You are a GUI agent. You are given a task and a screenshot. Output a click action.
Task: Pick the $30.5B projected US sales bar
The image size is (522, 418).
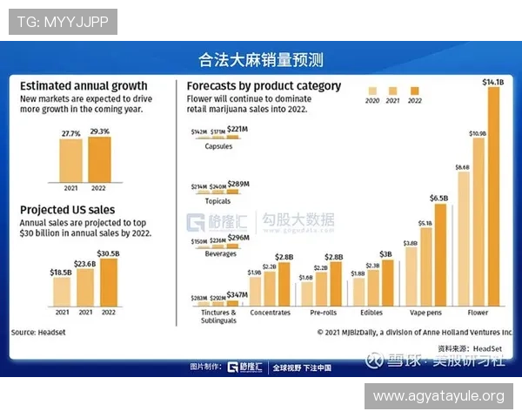pyautogui.click(x=109, y=282)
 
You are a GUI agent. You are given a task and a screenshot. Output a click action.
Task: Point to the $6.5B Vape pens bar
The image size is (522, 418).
pyautogui.click(x=440, y=254)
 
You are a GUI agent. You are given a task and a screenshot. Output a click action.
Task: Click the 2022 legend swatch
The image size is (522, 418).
pyautogui.click(x=414, y=91)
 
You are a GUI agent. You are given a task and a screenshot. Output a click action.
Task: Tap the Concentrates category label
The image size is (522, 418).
pyautogui.click(x=270, y=312)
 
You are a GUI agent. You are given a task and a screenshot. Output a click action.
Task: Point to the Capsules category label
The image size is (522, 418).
pyautogui.click(x=218, y=146)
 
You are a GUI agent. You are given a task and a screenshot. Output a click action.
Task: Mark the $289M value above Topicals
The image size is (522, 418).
pyautogui.click(x=238, y=184)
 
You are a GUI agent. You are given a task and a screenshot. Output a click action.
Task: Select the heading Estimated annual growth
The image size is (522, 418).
pyautogui.click(x=84, y=86)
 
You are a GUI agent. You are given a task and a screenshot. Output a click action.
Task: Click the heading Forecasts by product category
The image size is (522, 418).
pyautogui.click(x=264, y=86)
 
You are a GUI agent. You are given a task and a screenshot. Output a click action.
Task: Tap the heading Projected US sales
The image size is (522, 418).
pyautogui.click(x=67, y=210)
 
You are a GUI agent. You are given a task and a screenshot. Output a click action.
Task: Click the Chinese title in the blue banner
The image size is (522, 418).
pyautogui.click(x=261, y=60)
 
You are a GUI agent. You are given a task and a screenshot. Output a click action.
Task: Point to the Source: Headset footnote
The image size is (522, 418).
pyautogui.click(x=38, y=332)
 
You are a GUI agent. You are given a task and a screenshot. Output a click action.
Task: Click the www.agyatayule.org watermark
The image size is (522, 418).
pyautogui.click(x=438, y=397)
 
